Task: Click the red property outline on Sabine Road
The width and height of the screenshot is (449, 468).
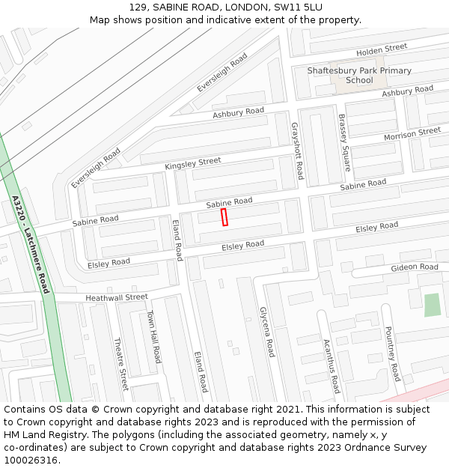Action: pyautogui.click(x=224, y=217)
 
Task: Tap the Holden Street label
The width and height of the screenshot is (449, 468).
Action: pyautogui.click(x=382, y=49)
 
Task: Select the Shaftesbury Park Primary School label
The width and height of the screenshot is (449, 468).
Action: pyautogui.click(x=359, y=76)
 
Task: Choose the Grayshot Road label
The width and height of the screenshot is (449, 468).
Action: pyautogui.click(x=296, y=151)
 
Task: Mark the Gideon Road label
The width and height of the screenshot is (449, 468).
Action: pyautogui.click(x=414, y=267)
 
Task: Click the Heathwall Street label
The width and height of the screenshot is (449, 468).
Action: pyautogui.click(x=117, y=297)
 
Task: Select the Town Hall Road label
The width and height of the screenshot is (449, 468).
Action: pyautogui.click(x=153, y=337)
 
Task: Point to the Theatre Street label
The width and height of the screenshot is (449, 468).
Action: pyautogui.click(x=120, y=364)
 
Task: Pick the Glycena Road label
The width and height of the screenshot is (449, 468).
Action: pyautogui.click(x=267, y=332)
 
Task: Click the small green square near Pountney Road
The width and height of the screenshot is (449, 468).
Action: pyautogui.click(x=432, y=305)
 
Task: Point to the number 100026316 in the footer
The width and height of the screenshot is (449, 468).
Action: pyautogui.click(x=31, y=461)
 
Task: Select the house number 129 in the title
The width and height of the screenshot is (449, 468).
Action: pyautogui.click(x=138, y=7)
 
